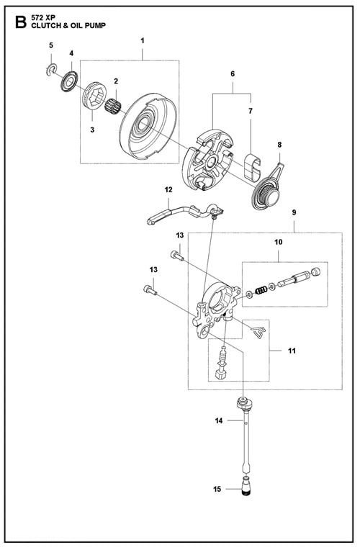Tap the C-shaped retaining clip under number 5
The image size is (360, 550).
pos(52,69)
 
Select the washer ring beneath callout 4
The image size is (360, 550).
pos(70,81)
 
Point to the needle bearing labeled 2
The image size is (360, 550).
pos(113,101)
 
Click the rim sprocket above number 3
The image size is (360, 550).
pos(94,96)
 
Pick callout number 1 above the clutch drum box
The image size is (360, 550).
pos(143,41)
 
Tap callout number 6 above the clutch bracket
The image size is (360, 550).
pos(233,73)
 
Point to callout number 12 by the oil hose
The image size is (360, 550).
pos(168,190)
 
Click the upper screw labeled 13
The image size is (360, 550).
pos(177,255)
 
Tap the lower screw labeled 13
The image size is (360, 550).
pos(150,289)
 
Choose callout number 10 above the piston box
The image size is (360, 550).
pos(278,242)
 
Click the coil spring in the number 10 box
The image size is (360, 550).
pos(261,291)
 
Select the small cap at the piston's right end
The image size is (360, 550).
pos(316,272)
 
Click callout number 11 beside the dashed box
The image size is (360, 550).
pos(292,351)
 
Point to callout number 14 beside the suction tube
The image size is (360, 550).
pos(219,420)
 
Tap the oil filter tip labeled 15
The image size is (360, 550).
pos(246,488)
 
